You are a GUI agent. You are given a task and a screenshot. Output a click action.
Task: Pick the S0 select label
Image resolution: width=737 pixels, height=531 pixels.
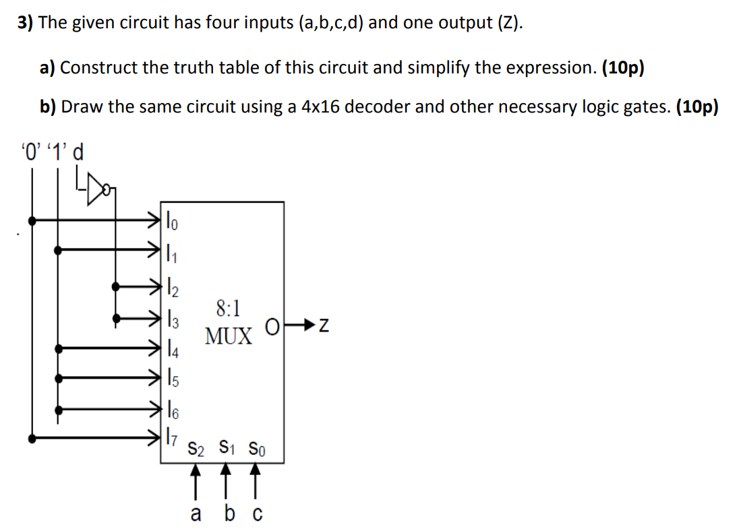257,448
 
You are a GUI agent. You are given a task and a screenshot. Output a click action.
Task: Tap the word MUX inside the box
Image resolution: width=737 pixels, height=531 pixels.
229,336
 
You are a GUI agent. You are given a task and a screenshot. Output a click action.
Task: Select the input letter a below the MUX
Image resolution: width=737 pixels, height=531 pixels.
196,513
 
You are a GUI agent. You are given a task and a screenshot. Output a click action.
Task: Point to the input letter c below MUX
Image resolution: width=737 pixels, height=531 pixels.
256,514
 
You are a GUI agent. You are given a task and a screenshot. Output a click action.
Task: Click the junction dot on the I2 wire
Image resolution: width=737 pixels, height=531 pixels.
117,286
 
